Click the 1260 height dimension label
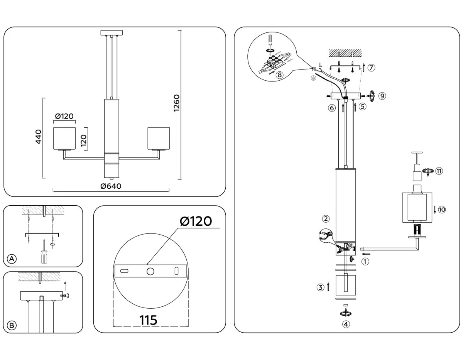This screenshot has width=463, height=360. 177,103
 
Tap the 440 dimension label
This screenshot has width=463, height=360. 38,137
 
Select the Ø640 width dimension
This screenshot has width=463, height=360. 111,186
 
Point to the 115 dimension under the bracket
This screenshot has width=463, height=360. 149,320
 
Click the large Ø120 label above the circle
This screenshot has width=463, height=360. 196,221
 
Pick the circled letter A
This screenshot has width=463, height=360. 12,259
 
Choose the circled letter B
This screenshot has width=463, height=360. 12,325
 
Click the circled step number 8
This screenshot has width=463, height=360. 280,75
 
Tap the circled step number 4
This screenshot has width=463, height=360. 346,324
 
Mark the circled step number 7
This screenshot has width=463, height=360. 371,68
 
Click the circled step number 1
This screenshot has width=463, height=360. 365,261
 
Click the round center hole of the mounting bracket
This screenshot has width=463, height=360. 150,271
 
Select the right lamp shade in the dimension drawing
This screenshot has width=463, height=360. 159,137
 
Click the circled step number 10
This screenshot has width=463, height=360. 442,210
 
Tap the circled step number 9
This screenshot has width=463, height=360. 382,96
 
